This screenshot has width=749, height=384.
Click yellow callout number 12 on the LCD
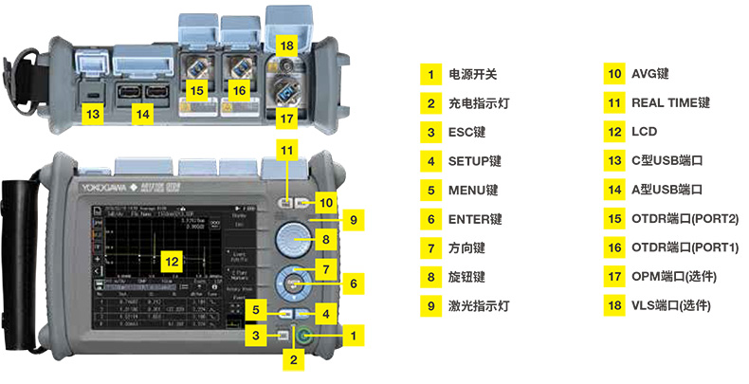click(x=170, y=258)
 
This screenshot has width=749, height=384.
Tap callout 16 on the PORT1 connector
click(x=239, y=90)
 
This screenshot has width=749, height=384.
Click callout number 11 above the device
click(x=287, y=149)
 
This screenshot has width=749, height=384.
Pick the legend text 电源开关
click(x=472, y=73)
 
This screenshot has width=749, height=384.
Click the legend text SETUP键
click(x=475, y=161)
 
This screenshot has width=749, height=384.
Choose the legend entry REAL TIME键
click(x=671, y=102)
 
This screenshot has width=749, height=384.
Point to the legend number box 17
click(x=614, y=277)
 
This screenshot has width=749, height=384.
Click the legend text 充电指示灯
click(x=479, y=102)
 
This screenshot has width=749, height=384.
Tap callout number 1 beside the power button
click(x=355, y=334)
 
